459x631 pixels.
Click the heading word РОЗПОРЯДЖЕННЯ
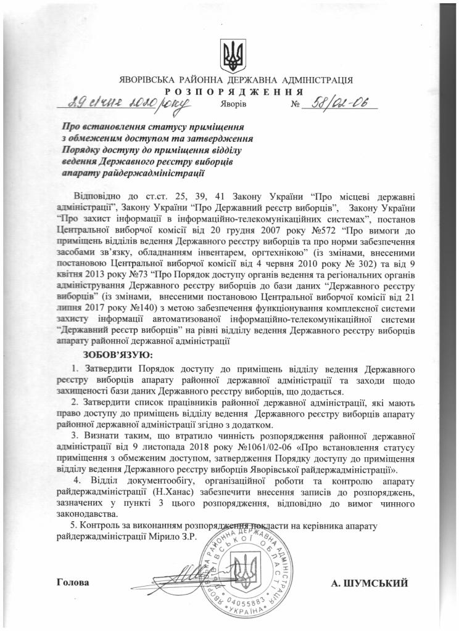click(233, 90)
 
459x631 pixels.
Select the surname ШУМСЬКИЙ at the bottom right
click(379, 583)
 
